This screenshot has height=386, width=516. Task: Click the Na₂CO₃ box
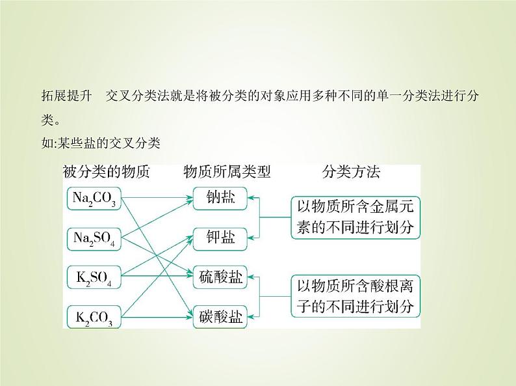(94, 199)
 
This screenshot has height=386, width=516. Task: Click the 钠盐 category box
(220, 199)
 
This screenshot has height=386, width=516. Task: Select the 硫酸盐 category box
(220, 278)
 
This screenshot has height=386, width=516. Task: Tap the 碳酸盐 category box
(220, 318)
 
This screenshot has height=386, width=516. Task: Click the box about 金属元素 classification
(355, 217)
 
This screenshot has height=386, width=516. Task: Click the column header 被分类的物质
(107, 172)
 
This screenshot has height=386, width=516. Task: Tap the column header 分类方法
(351, 172)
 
